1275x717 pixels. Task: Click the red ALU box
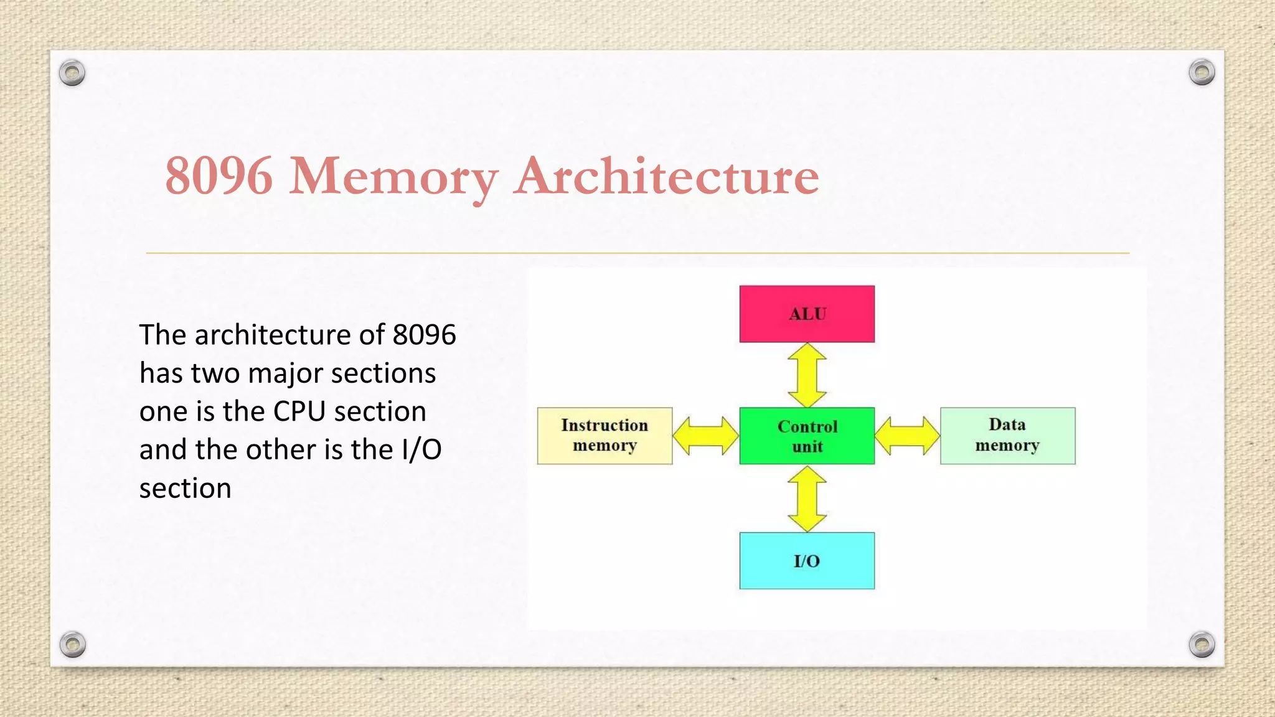click(807, 314)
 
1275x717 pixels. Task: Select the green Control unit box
click(807, 436)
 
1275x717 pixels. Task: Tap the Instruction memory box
click(605, 436)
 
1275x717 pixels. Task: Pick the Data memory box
click(1007, 436)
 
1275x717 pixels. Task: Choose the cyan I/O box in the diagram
click(807, 560)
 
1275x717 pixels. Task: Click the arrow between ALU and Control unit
click(807, 375)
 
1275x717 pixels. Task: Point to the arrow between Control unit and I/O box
click(807, 499)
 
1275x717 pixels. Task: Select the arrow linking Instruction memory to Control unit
click(706, 436)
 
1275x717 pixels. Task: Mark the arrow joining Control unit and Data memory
click(907, 436)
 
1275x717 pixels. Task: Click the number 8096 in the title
click(219, 176)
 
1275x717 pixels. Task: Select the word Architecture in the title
click(666, 176)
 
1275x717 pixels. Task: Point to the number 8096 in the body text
click(425, 335)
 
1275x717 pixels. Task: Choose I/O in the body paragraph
click(421, 449)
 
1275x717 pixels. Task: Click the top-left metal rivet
click(72, 73)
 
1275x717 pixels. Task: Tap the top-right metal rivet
click(1202, 72)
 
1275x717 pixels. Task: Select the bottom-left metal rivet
click(73, 644)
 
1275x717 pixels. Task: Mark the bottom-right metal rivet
click(1202, 644)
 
